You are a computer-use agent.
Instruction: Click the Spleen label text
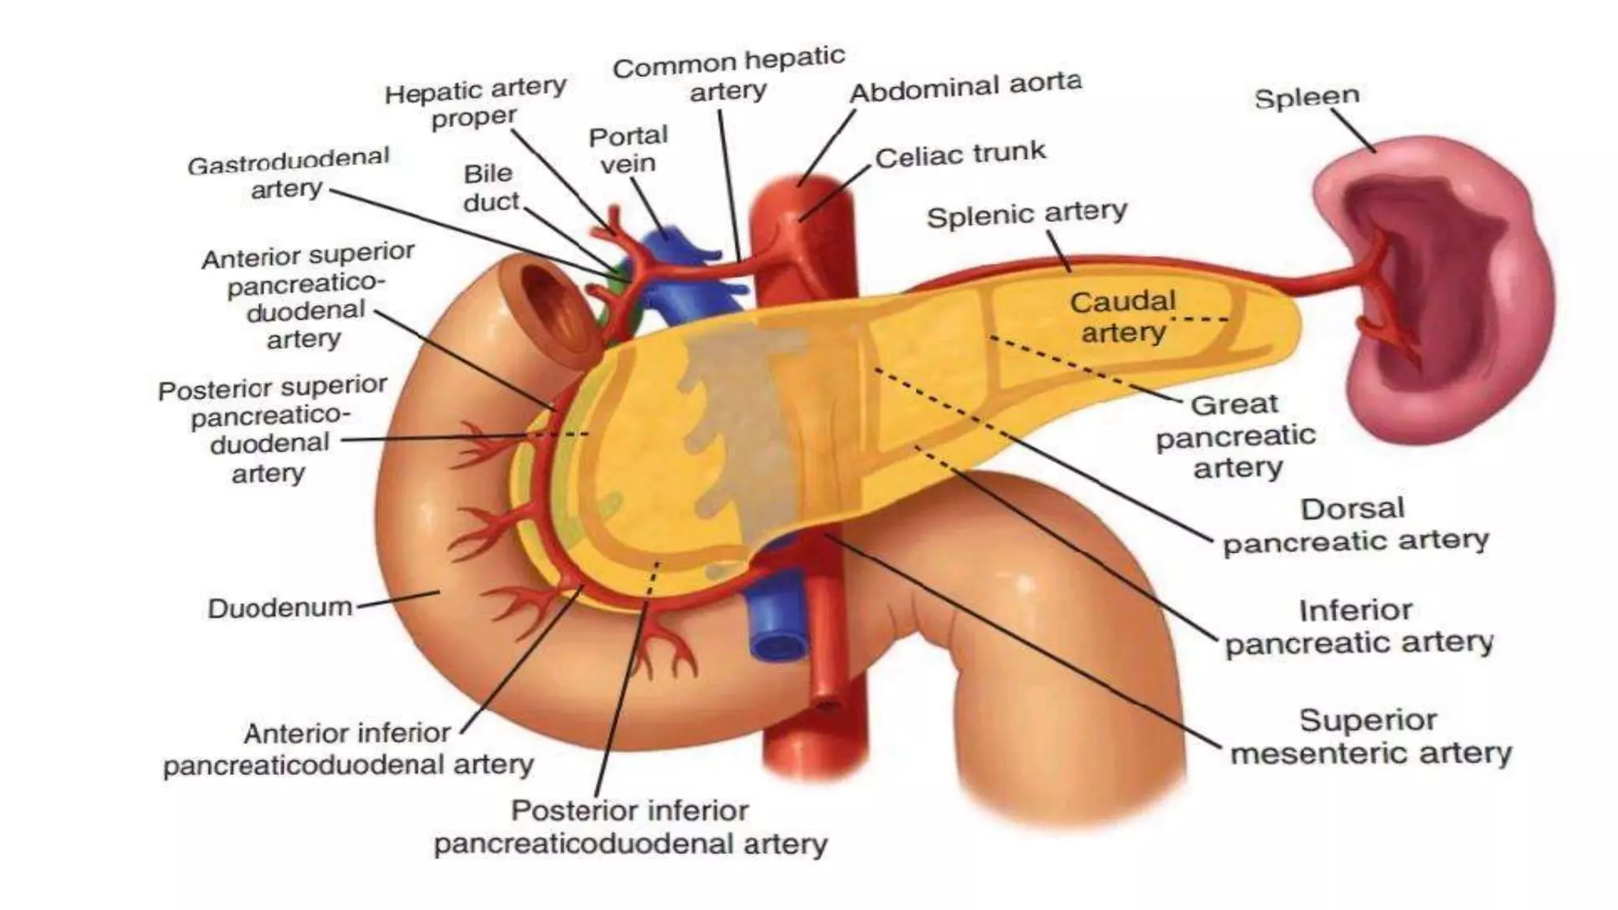[1307, 97]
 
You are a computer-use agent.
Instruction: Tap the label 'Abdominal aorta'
[965, 88]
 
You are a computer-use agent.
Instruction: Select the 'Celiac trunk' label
[960, 155]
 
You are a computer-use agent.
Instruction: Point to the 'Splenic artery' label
[1026, 214]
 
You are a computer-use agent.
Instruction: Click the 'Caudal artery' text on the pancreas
[1123, 317]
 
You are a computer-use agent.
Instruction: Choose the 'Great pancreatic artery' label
[1236, 436]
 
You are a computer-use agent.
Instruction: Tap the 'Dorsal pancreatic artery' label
[1354, 525]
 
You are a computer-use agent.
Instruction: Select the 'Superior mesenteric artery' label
[1370, 737]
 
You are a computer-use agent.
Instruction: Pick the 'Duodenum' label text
[280, 607]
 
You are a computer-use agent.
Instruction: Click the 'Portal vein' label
[628, 149]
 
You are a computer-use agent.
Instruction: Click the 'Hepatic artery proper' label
[475, 103]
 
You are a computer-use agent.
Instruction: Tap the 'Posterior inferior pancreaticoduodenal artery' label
[630, 827]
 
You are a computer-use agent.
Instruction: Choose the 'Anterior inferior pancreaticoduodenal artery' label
[348, 749]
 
